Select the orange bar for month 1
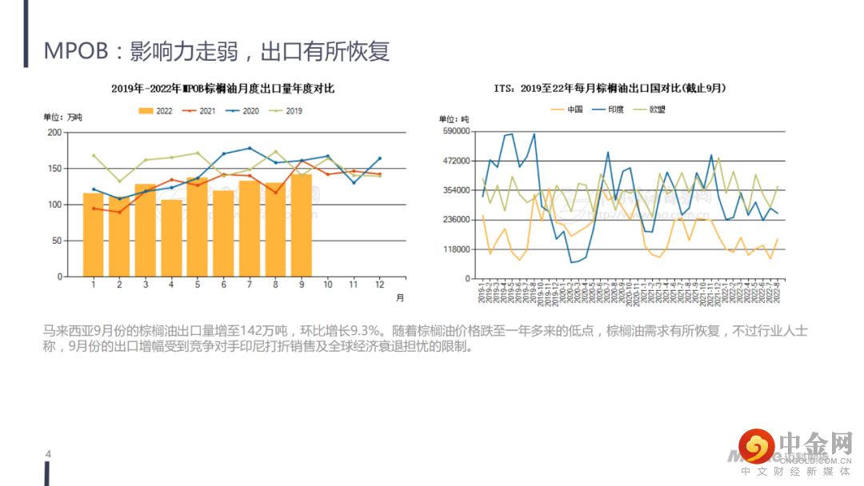click(94, 235)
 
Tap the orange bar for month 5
click(198, 227)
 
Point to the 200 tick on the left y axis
click(54, 132)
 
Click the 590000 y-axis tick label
click(455, 131)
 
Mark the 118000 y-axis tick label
click(455, 249)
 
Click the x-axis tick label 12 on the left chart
click(379, 285)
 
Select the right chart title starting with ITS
click(614, 87)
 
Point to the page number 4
click(48, 454)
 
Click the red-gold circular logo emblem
click(756, 445)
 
